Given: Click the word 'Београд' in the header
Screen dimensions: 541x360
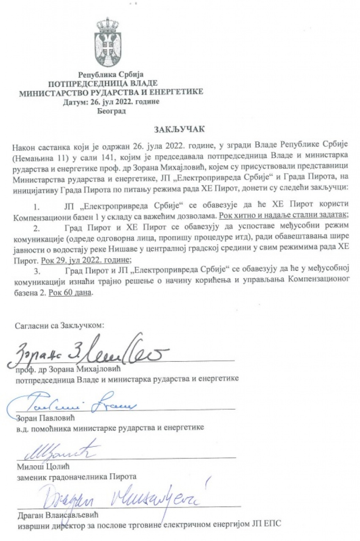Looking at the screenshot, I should click(111, 111).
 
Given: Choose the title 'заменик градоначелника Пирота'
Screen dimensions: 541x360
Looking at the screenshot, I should click(75, 476).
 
